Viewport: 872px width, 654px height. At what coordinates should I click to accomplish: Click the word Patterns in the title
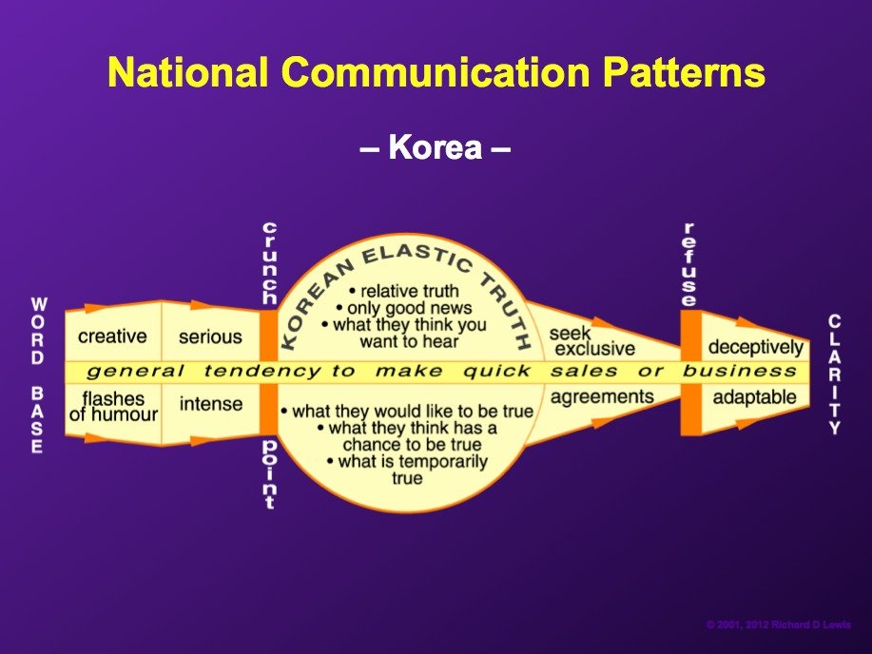684,71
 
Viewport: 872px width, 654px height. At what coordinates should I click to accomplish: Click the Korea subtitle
435,147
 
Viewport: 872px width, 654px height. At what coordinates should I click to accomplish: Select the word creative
112,337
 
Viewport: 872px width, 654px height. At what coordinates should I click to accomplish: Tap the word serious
210,337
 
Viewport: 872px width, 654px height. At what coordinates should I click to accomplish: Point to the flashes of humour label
113,407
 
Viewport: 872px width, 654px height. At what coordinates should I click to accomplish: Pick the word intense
211,404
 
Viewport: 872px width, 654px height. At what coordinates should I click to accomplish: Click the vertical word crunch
269,263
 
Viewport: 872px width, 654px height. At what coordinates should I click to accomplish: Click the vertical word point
269,474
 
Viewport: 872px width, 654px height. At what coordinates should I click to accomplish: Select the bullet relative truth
404,291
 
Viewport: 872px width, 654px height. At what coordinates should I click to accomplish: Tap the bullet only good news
404,308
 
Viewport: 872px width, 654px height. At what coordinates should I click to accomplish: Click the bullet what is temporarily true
407,470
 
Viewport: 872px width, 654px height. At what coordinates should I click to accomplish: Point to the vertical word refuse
689,264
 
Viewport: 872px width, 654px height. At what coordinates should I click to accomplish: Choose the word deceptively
756,348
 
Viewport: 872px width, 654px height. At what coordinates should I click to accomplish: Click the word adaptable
755,397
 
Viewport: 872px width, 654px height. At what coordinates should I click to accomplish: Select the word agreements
602,397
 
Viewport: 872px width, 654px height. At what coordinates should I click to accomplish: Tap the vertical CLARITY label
834,375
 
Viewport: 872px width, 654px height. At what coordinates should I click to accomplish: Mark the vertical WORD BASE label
38,375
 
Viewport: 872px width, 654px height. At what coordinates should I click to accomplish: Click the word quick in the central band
496,371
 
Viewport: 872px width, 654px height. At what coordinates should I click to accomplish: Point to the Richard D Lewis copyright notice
779,625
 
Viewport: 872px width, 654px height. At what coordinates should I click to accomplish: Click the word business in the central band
739,371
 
